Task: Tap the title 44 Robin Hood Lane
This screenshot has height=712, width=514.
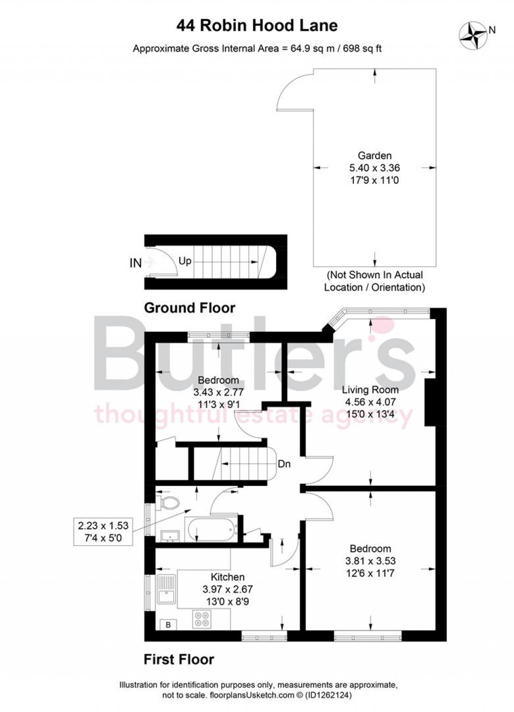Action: pos(256,26)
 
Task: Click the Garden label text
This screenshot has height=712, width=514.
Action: pos(374,156)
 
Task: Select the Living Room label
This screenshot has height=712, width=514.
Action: pos(370,389)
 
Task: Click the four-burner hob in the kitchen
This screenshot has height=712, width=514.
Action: pos(203,619)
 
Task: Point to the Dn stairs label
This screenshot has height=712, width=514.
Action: pos(284,464)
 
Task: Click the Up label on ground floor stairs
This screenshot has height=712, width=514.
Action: pos(185,262)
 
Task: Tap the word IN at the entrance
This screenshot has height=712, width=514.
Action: pos(136,263)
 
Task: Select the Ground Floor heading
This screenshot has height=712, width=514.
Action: pos(189,308)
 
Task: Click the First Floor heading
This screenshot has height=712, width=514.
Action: pos(179,659)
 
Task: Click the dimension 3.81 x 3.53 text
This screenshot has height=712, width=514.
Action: pos(370,561)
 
